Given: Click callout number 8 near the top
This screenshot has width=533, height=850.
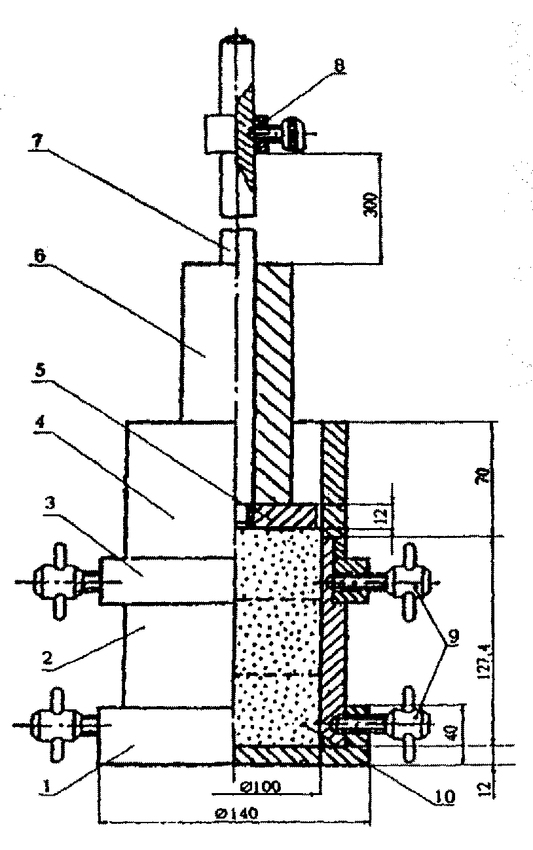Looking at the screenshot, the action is point(339,65).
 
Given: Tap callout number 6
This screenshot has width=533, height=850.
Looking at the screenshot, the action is point(39,257).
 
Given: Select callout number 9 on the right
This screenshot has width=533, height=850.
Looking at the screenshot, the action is point(453,634).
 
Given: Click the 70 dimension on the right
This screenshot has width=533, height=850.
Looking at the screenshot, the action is point(483,476).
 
